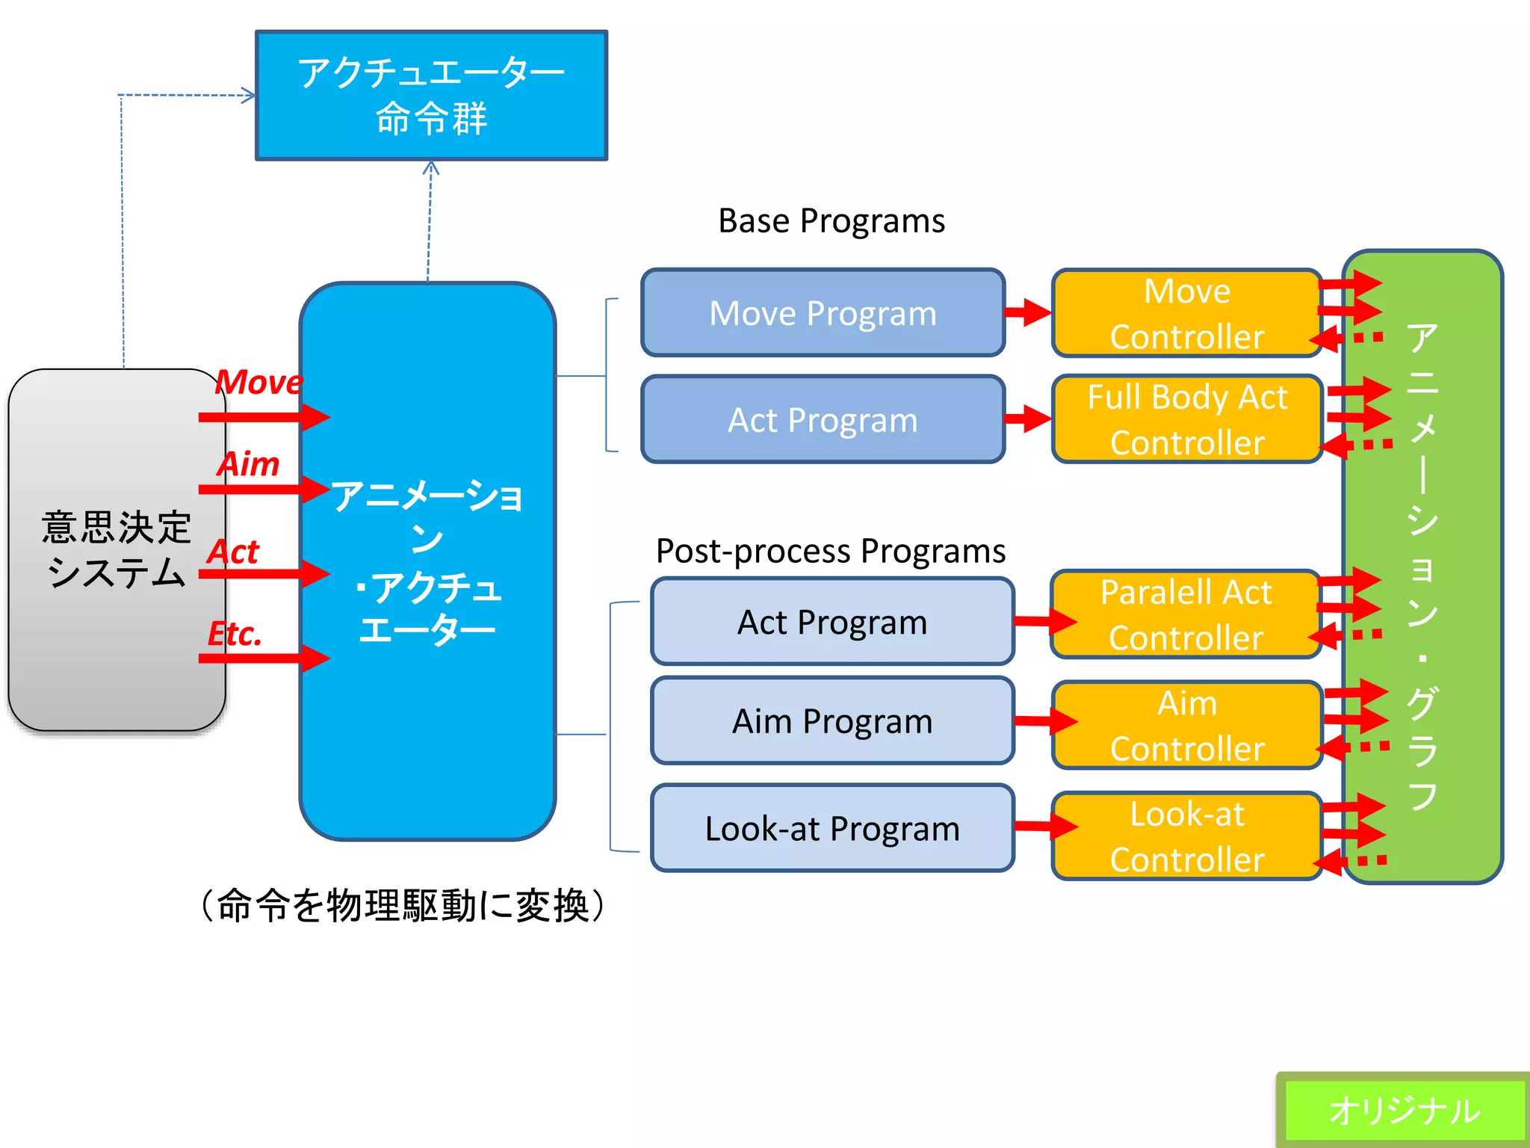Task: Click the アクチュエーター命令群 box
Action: tap(431, 95)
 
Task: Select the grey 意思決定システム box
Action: tap(116, 549)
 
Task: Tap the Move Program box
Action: tap(823, 312)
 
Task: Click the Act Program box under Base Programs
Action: tap(823, 419)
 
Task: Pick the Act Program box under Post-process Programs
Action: tap(831, 621)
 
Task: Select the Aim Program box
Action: tap(831, 720)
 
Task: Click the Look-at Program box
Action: tap(831, 828)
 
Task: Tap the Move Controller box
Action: tap(1186, 313)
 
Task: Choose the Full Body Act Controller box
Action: tap(1186, 419)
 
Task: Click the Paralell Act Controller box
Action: tap(1185, 614)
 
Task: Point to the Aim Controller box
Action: tap(1186, 725)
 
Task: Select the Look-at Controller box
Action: tap(1186, 836)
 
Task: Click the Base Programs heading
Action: tap(831, 220)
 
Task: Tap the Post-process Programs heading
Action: tap(830, 551)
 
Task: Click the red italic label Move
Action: tap(258, 382)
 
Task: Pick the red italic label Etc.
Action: tap(235, 634)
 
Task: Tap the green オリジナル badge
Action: tap(1403, 1110)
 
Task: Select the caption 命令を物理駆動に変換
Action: tap(403, 906)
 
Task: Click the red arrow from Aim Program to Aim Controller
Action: tap(1044, 721)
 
